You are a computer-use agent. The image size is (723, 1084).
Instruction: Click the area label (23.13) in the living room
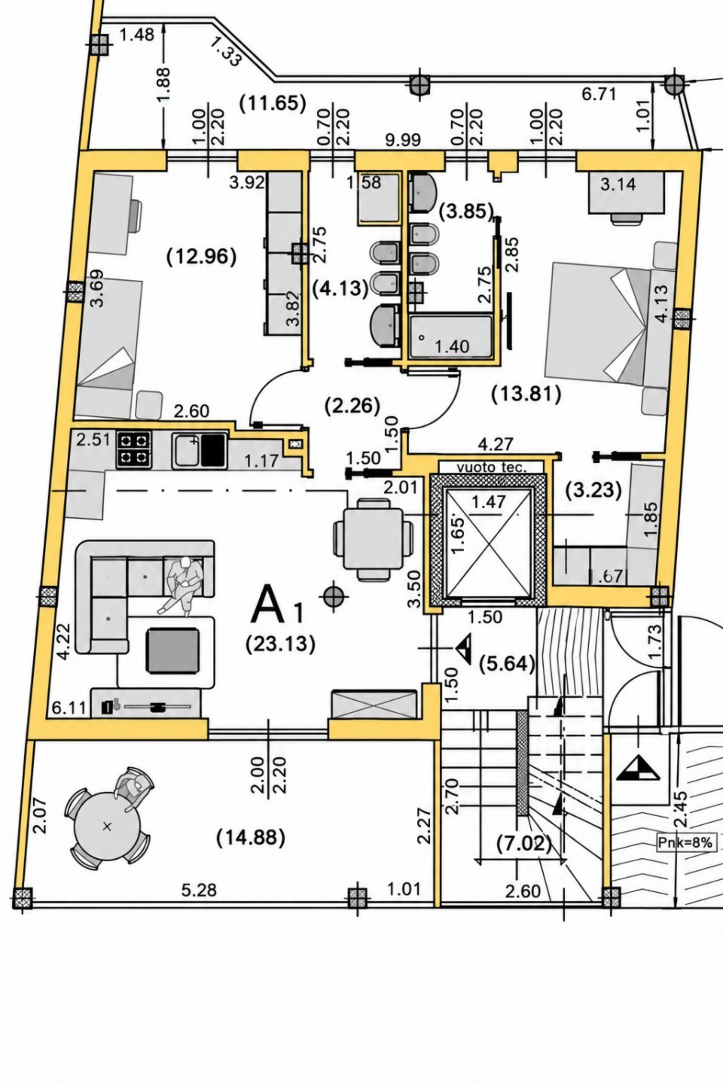pos(280,644)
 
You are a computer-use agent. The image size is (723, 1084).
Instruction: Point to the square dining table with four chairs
pos(373,537)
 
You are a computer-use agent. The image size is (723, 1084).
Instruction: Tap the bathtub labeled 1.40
pos(450,336)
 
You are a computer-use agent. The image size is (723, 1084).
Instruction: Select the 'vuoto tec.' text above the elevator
pos(488,467)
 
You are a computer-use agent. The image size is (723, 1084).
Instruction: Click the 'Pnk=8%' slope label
pos(685,842)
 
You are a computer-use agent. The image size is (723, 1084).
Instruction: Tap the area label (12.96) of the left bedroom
pos(201,257)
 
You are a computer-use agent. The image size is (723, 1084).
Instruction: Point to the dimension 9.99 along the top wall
pos(403,140)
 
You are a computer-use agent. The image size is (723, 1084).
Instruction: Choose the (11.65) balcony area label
pos(273,104)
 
